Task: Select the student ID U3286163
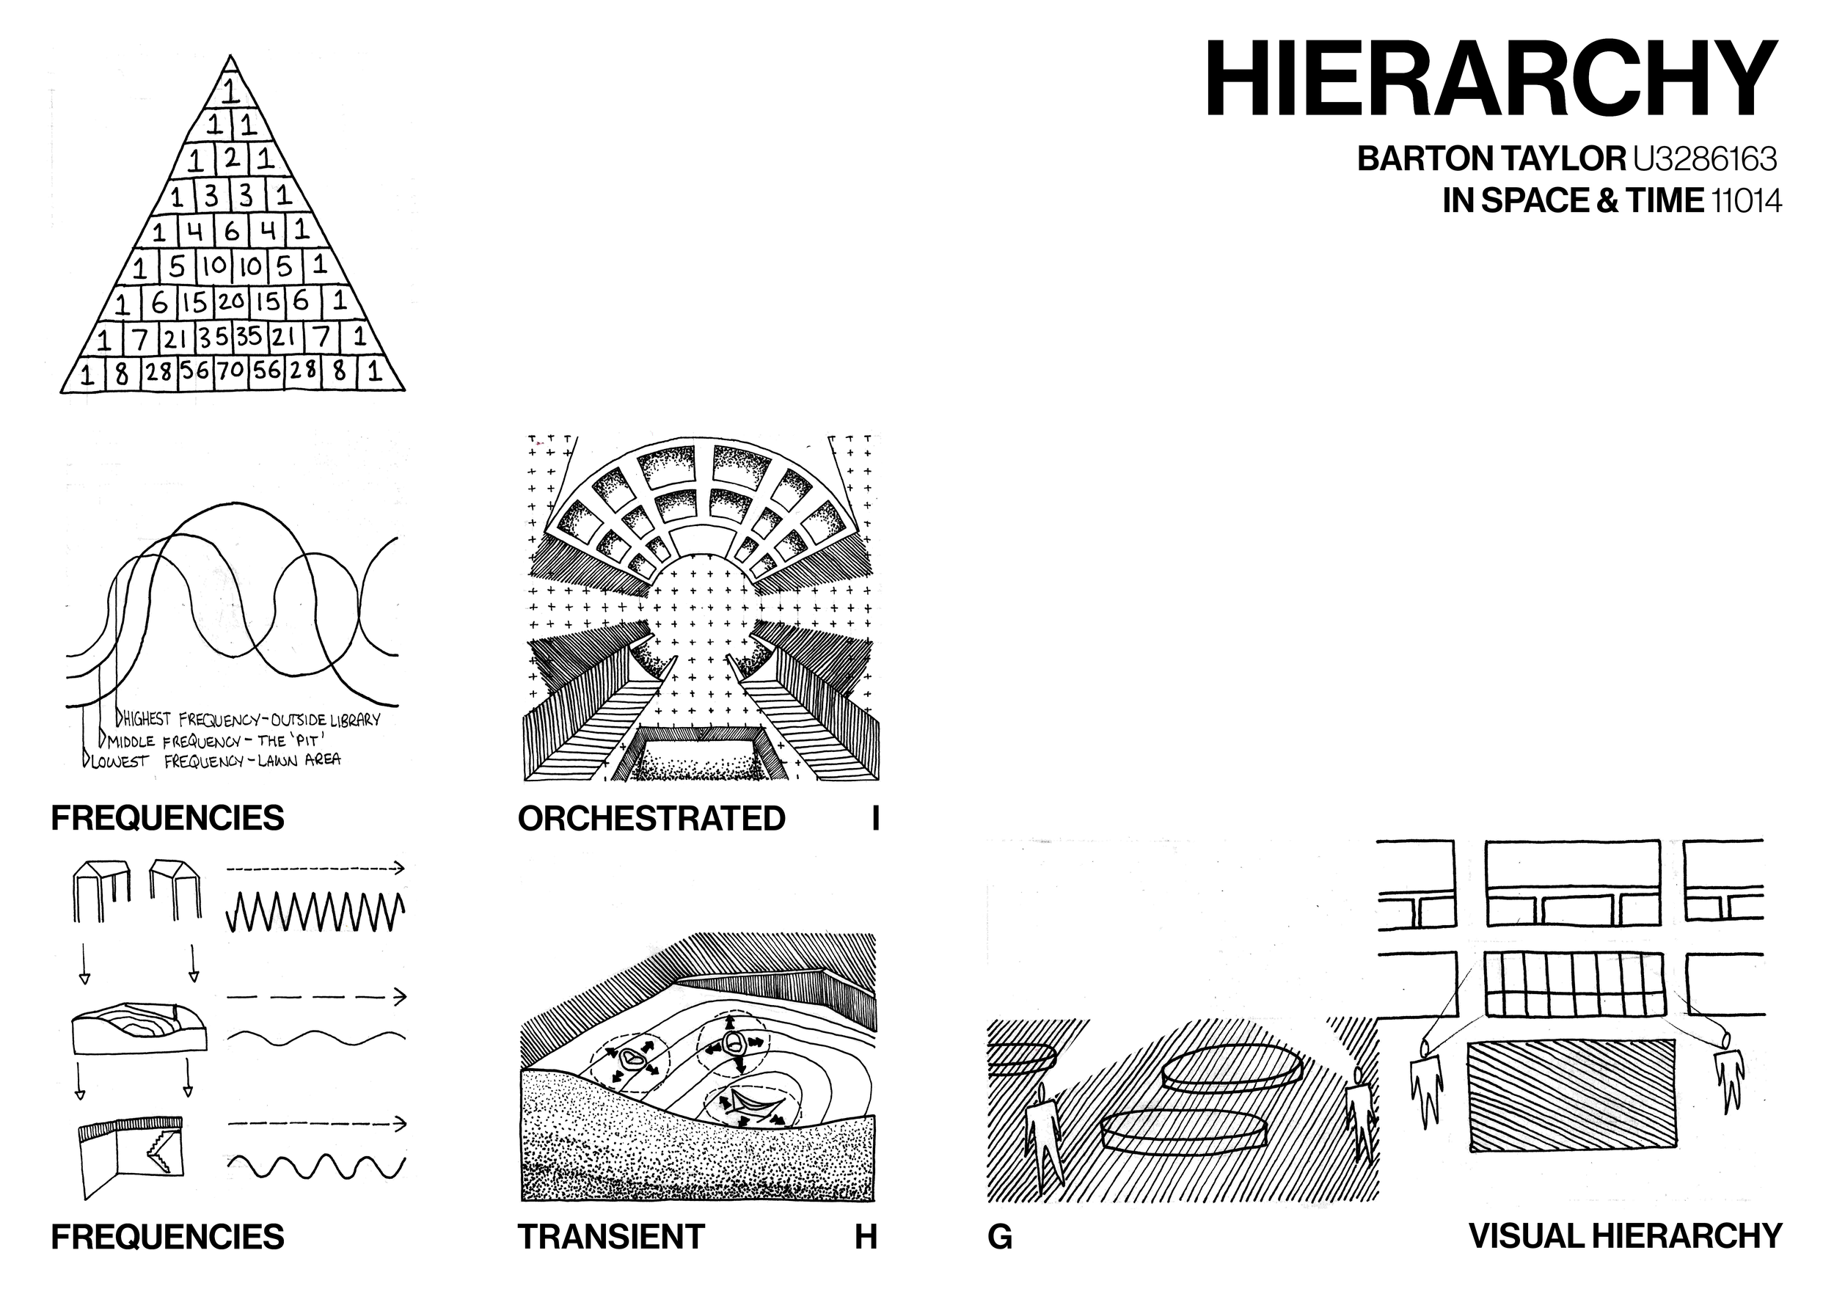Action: (x=1705, y=159)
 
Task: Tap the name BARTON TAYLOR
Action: (x=1491, y=159)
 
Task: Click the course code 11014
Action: (x=1746, y=200)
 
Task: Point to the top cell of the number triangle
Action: (x=230, y=90)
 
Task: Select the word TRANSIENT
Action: (x=611, y=1237)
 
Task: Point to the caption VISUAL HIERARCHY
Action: (x=1626, y=1236)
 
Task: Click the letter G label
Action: (x=1000, y=1237)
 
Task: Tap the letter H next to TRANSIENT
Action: (x=866, y=1237)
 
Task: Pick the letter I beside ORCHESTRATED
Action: (x=875, y=819)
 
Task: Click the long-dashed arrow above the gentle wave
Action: (x=317, y=997)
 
